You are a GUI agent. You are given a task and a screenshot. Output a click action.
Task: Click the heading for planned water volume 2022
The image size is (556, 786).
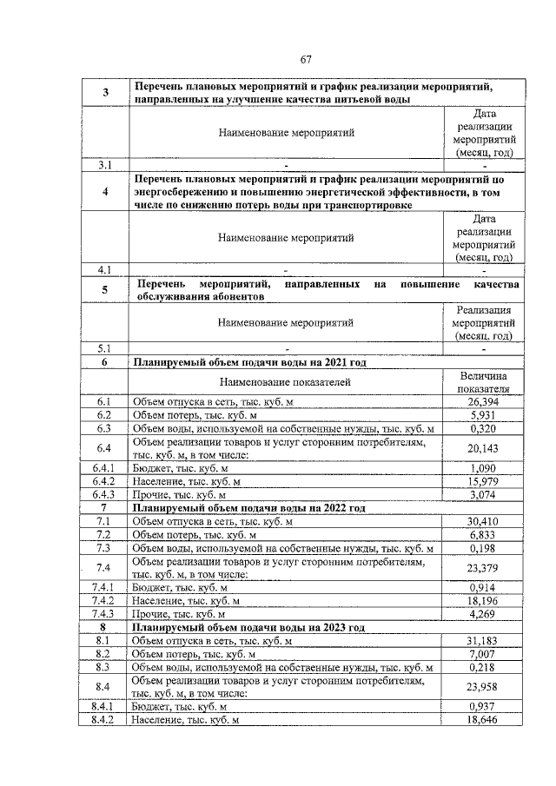click(x=248, y=507)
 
